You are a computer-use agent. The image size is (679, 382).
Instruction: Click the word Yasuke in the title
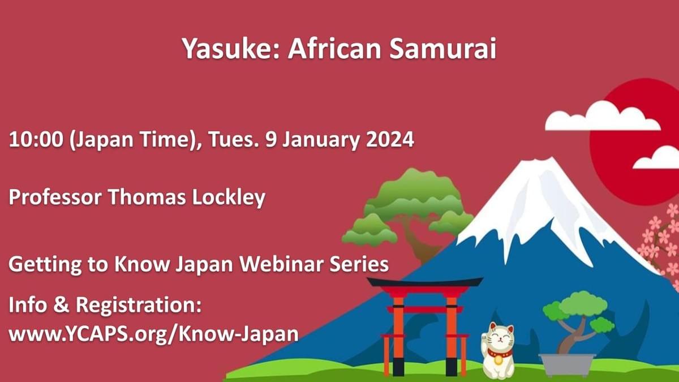[230, 49]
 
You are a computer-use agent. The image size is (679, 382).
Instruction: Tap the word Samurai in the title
[443, 49]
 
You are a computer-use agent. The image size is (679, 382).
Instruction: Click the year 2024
[389, 140]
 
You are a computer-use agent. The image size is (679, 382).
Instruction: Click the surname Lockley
[229, 198]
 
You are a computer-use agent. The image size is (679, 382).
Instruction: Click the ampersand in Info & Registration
[62, 305]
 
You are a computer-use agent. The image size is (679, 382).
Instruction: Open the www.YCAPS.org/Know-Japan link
[153, 334]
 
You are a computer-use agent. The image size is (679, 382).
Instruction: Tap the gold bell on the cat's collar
[498, 360]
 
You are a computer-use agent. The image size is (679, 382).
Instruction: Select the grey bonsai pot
[567, 364]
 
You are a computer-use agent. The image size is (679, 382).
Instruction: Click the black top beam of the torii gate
[425, 282]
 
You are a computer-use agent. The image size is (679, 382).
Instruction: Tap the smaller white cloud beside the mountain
[656, 158]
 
